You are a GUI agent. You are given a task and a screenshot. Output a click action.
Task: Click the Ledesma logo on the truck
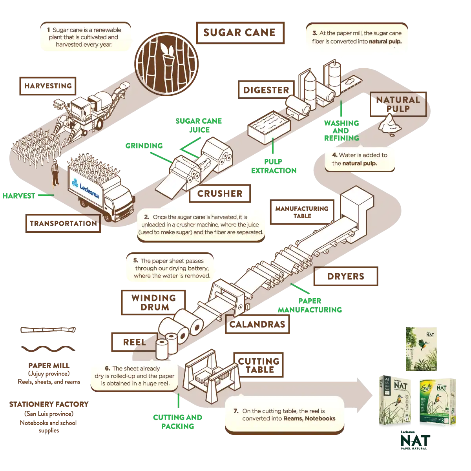[x=86, y=188]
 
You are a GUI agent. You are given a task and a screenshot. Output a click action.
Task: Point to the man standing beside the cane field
[x=55, y=173]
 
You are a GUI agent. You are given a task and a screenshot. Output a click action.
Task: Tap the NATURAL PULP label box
[x=397, y=104]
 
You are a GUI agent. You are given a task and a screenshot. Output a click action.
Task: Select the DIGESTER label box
[x=265, y=89]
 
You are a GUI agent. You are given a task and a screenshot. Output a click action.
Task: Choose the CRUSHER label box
[x=219, y=193]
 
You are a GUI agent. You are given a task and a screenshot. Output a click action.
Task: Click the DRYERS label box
[x=346, y=276]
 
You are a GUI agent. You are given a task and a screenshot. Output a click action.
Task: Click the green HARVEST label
[x=18, y=195]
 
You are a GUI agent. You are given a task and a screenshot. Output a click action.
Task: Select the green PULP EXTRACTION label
[x=274, y=166]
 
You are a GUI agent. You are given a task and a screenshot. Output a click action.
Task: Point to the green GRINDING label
[x=144, y=146]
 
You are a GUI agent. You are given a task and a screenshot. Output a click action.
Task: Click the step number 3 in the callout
[x=315, y=33]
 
